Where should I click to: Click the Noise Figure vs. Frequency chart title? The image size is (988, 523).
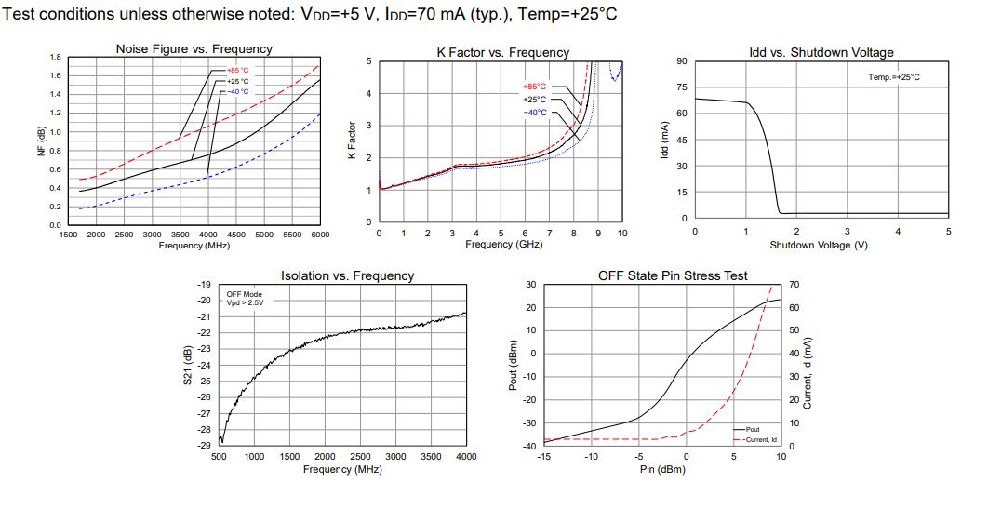(x=194, y=48)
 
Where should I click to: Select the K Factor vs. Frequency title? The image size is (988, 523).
(x=502, y=52)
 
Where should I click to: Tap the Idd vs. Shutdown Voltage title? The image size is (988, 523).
(x=821, y=52)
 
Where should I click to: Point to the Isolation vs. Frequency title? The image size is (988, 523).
(x=347, y=275)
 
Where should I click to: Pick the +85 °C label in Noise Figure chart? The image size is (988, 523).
(x=238, y=71)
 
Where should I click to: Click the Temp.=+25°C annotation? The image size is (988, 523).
(x=894, y=77)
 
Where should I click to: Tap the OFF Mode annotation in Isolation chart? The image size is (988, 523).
(x=245, y=294)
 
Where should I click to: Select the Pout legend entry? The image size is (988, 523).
(x=753, y=429)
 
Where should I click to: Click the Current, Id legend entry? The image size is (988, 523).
(x=761, y=438)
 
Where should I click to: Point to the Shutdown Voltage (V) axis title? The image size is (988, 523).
(x=819, y=245)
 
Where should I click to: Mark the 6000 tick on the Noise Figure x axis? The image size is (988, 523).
(x=319, y=235)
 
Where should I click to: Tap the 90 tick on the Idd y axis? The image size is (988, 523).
(x=682, y=61)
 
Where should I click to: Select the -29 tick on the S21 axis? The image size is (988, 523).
(x=205, y=446)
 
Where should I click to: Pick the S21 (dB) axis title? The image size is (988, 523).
(x=188, y=366)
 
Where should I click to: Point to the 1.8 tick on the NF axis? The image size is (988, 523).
(x=56, y=57)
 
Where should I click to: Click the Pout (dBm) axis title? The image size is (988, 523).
(x=513, y=366)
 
